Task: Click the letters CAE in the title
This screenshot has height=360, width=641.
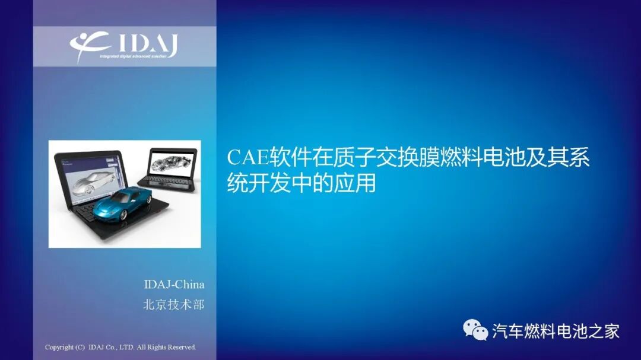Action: coord(247,158)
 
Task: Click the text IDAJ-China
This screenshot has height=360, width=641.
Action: coord(174,284)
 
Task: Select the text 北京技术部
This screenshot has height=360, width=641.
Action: coord(173,304)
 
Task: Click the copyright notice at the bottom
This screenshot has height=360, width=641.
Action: coord(120,347)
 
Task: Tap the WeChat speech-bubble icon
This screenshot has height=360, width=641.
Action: coord(475,330)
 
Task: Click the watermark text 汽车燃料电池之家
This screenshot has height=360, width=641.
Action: coord(556,330)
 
